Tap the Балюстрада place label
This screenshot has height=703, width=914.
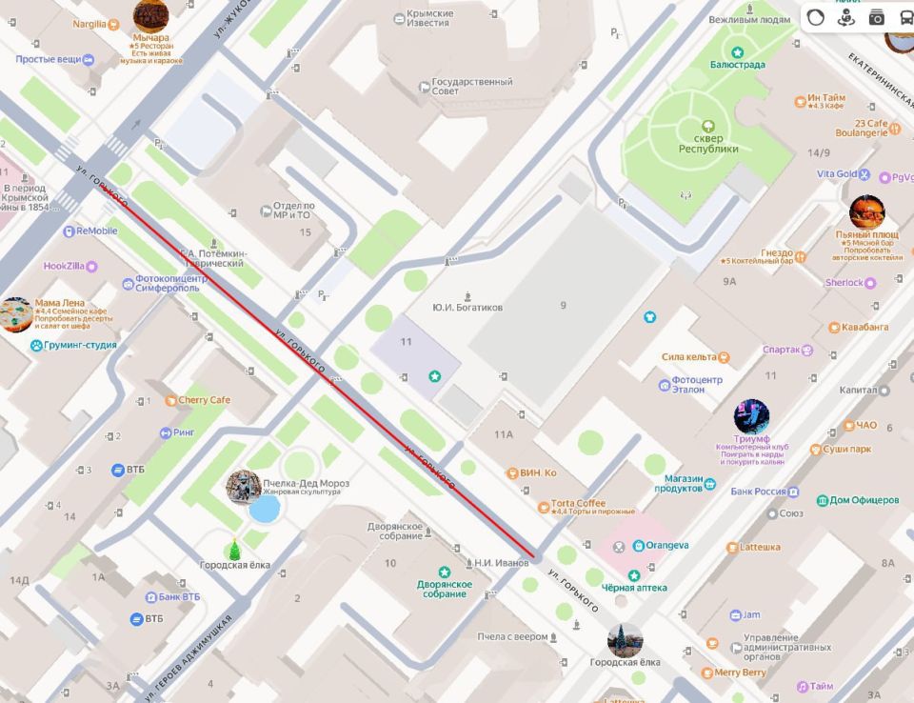[737, 64]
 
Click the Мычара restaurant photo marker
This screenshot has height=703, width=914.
[150, 15]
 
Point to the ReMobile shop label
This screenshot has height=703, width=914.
[96, 231]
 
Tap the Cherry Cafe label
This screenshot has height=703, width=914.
[204, 400]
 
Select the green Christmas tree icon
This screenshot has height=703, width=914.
[234, 550]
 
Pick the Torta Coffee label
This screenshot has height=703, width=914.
[578, 504]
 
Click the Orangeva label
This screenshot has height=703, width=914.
[666, 546]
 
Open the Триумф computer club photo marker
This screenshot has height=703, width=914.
[751, 416]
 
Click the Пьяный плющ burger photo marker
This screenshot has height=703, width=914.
[866, 211]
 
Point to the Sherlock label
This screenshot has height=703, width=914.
[844, 283]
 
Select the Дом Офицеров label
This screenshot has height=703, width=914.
[864, 500]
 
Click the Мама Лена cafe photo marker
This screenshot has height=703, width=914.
[15, 314]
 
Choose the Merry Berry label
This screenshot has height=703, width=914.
[740, 673]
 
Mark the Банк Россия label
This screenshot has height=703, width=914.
[759, 492]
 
